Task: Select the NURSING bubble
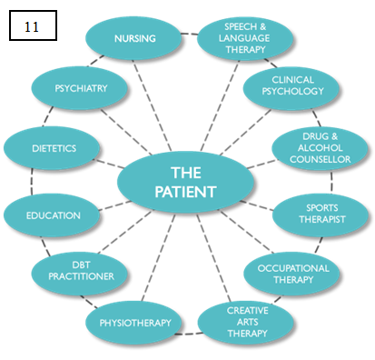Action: [x=134, y=39]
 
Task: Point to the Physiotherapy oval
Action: [x=134, y=321]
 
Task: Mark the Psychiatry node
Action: [x=82, y=88]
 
